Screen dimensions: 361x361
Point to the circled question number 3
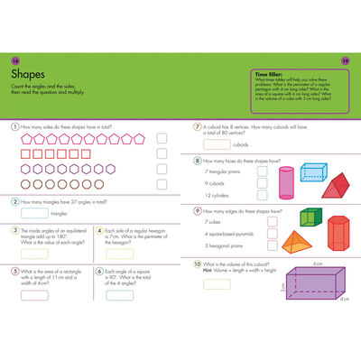pyautogui.click(x=15, y=230)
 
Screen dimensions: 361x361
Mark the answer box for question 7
pyautogui.click(x=216, y=144)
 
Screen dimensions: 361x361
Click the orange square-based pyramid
pyautogui.click(x=294, y=240)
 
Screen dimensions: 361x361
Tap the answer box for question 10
pyautogui.click(x=217, y=283)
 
